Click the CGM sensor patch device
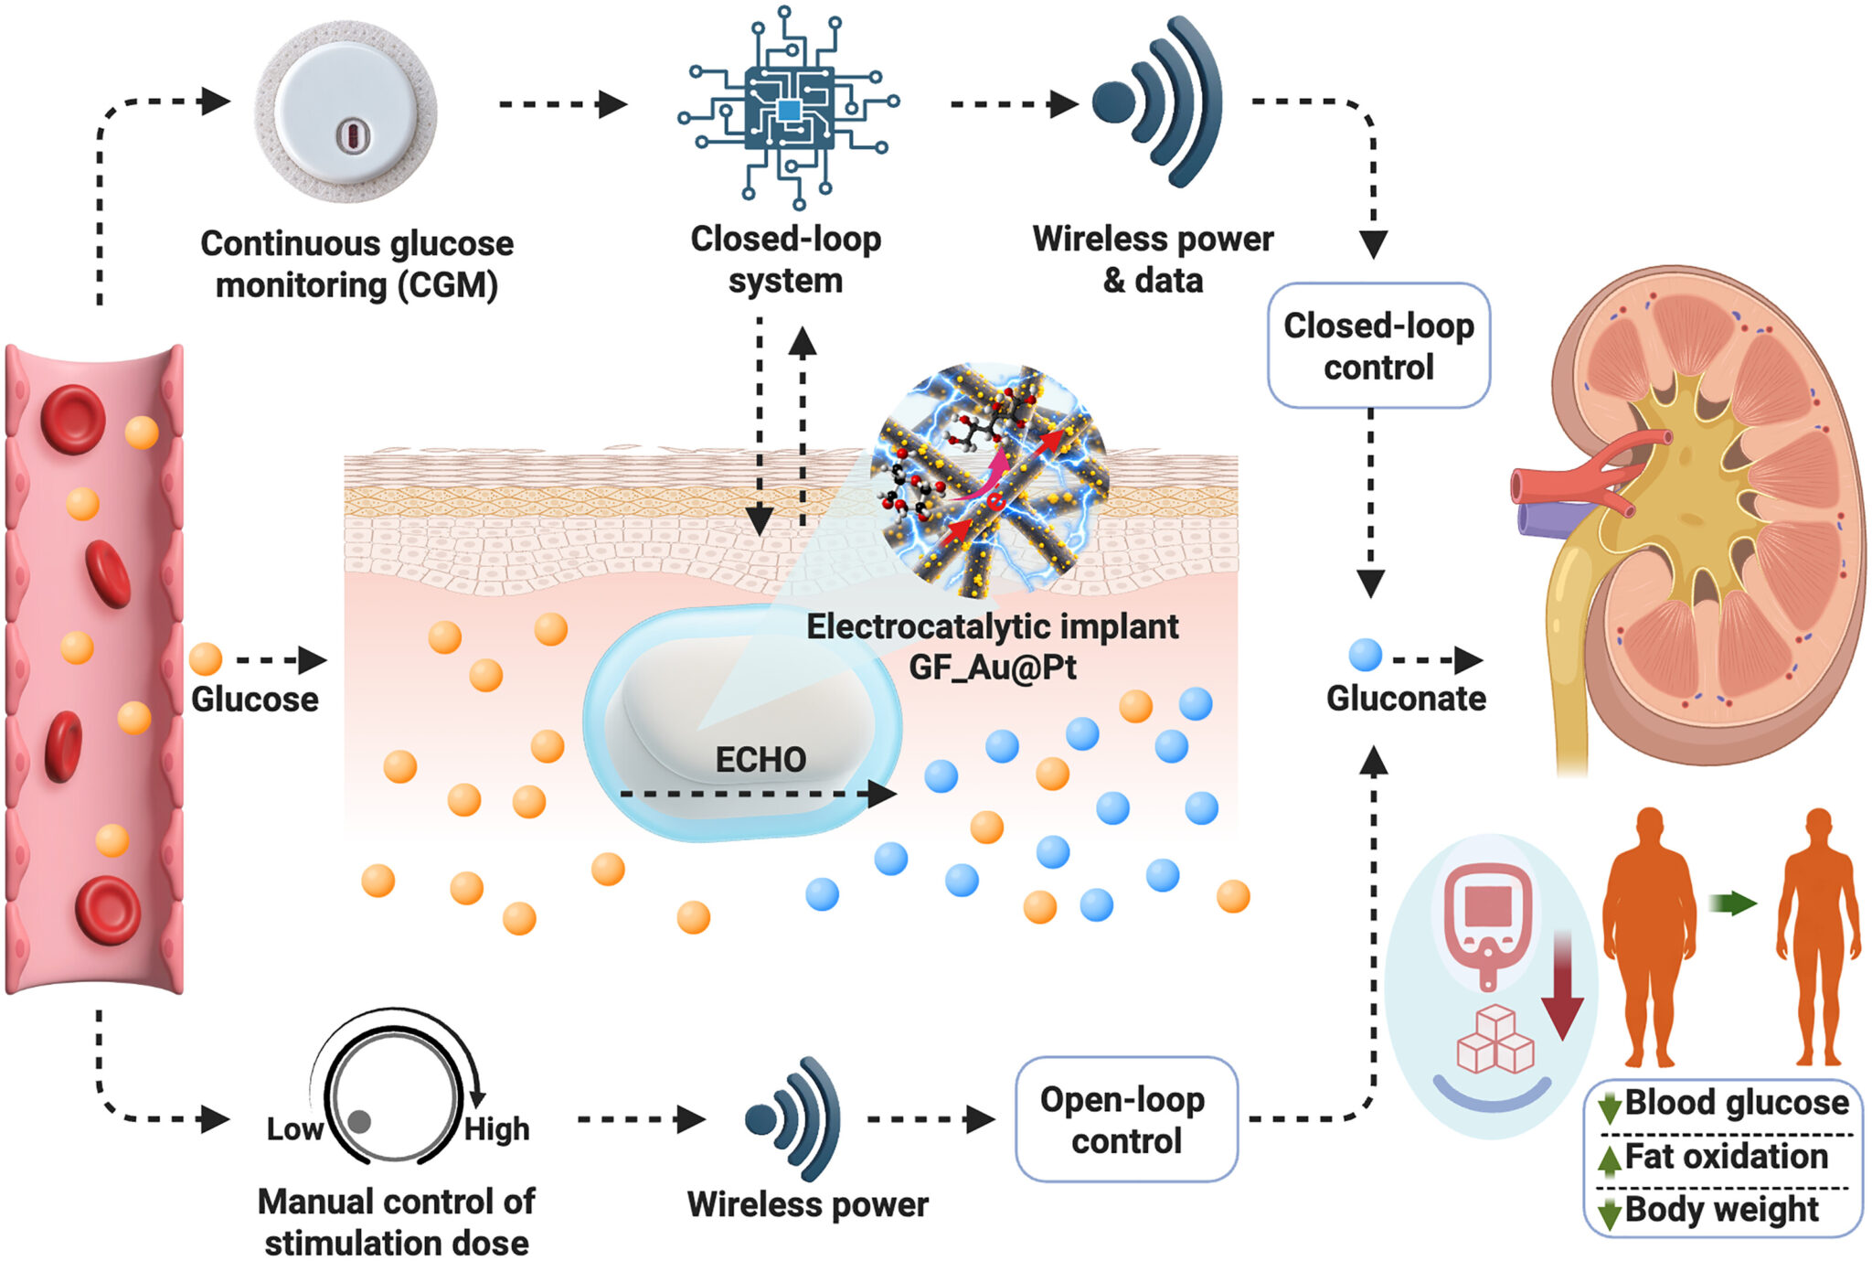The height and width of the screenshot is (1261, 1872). click(x=346, y=112)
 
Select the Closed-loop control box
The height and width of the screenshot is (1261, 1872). click(x=1378, y=346)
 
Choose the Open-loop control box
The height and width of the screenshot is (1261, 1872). click(x=1126, y=1119)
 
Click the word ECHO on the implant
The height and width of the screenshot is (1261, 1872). click(x=760, y=760)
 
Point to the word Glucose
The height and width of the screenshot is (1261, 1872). click(x=255, y=700)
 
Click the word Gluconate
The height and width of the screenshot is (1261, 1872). click(x=1406, y=699)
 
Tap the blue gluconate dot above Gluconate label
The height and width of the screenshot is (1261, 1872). click(x=1365, y=656)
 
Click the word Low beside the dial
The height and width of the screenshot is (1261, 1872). click(x=294, y=1129)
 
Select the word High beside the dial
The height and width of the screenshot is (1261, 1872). click(x=496, y=1129)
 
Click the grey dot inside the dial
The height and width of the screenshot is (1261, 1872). click(x=359, y=1121)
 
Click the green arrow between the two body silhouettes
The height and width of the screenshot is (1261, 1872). click(x=1732, y=903)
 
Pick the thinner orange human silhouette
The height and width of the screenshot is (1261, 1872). click(x=1818, y=936)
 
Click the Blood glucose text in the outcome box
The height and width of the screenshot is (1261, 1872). click(x=1737, y=1103)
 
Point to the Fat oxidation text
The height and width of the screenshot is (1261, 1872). click(x=1726, y=1157)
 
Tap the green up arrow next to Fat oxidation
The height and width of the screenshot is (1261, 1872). click(x=1609, y=1159)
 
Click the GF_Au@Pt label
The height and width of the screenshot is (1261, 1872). click(x=993, y=668)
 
